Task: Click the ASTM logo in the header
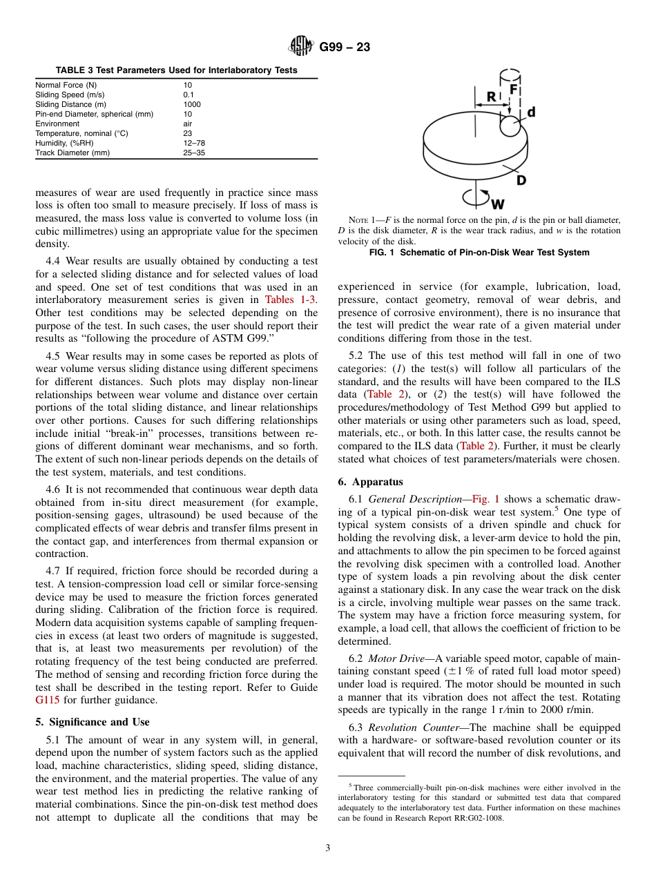(300, 47)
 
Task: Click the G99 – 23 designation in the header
(345, 48)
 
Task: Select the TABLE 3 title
(176, 70)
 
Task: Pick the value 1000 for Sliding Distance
(192, 104)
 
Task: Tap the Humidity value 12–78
(194, 143)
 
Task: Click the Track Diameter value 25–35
(194, 153)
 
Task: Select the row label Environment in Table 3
(57, 124)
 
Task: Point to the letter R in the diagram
(491, 97)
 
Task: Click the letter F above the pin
(514, 90)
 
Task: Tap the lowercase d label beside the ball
(530, 112)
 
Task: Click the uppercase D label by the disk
(521, 180)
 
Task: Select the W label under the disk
(497, 204)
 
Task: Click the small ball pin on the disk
(511, 126)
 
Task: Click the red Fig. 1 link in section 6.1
(486, 498)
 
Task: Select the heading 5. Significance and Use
(92, 722)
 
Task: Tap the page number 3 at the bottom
(328, 848)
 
